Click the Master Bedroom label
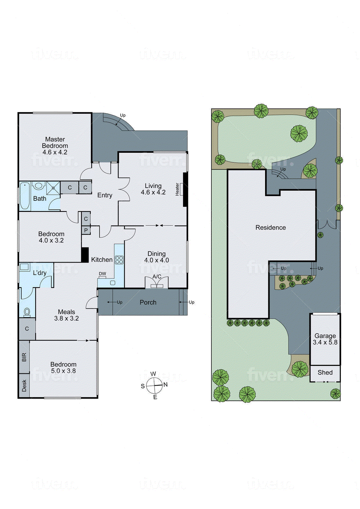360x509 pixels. [x=55, y=145]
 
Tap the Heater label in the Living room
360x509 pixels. [x=177, y=189]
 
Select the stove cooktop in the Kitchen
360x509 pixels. [x=119, y=260]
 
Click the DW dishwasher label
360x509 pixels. [x=102, y=274]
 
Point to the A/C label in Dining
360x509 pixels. [x=157, y=276]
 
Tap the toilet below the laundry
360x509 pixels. [x=27, y=312]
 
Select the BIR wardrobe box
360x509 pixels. [x=24, y=357]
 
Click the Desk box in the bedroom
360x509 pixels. [x=24, y=386]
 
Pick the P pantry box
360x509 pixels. [x=86, y=230]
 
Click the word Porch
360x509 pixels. [x=148, y=302]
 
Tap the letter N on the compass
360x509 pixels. [x=166, y=384]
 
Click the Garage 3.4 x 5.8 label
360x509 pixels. [x=325, y=339]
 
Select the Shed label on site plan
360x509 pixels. [x=325, y=372]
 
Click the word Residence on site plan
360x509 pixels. [x=271, y=227]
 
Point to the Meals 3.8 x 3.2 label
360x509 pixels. [x=67, y=315]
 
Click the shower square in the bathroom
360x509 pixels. [x=53, y=188]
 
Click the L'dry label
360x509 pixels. [x=40, y=273]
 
